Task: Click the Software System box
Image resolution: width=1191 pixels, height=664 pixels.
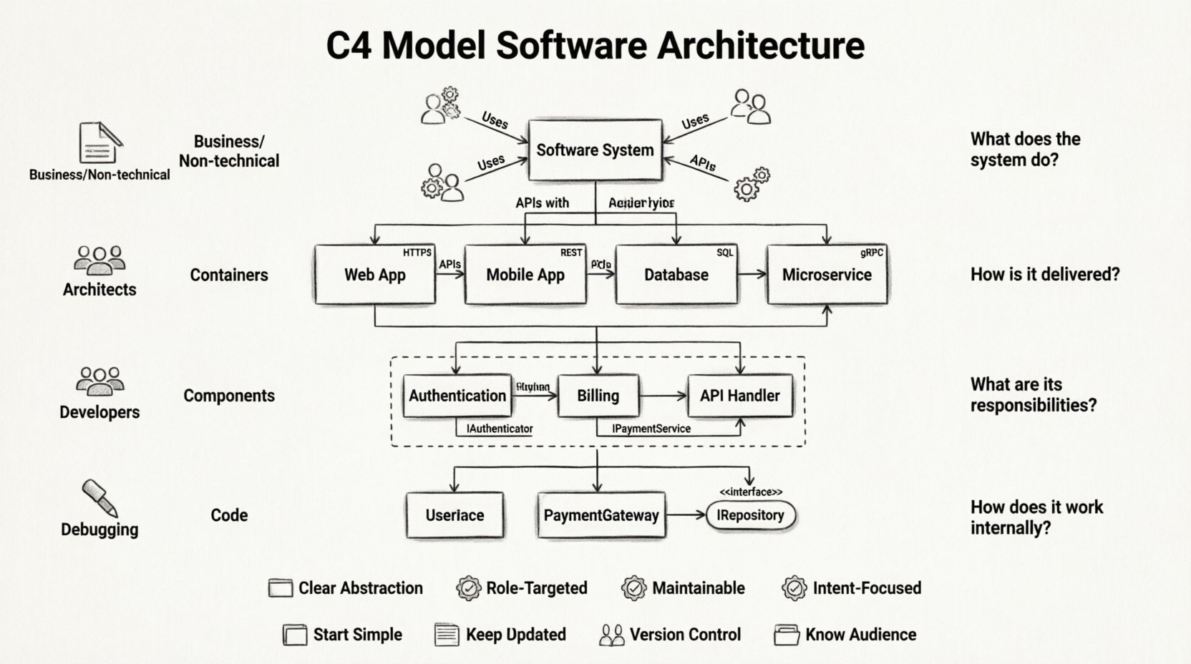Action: (x=595, y=150)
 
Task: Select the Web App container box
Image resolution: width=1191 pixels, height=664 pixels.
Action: (x=374, y=275)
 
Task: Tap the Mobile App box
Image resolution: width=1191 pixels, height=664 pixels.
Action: (x=525, y=275)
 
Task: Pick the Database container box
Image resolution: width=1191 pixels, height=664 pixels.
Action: (x=676, y=275)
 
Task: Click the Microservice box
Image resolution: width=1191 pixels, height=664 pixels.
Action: (x=827, y=275)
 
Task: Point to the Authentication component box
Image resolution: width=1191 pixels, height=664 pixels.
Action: (x=457, y=396)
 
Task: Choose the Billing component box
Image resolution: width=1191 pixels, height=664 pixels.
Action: (x=598, y=396)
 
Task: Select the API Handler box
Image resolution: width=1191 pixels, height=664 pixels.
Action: (x=740, y=396)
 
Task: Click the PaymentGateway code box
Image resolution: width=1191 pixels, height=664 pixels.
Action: (x=601, y=515)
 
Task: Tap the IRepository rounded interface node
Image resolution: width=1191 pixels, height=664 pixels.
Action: (x=750, y=515)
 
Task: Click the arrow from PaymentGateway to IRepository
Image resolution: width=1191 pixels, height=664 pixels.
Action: (x=686, y=515)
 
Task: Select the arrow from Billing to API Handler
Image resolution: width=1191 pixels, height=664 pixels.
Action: (x=663, y=396)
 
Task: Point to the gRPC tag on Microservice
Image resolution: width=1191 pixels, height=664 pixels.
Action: (x=872, y=253)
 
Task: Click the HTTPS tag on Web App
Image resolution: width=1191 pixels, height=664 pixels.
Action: (x=417, y=253)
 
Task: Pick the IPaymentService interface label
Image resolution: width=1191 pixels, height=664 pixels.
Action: (x=651, y=429)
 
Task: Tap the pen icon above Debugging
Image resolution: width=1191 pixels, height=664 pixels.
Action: (x=99, y=498)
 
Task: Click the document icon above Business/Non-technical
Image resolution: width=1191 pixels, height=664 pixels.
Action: (x=99, y=142)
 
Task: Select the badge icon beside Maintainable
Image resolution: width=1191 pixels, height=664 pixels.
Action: (x=633, y=588)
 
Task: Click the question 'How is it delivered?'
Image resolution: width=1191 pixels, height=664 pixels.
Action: (x=1044, y=275)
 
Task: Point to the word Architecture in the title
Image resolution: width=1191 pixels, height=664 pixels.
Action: (x=760, y=45)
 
